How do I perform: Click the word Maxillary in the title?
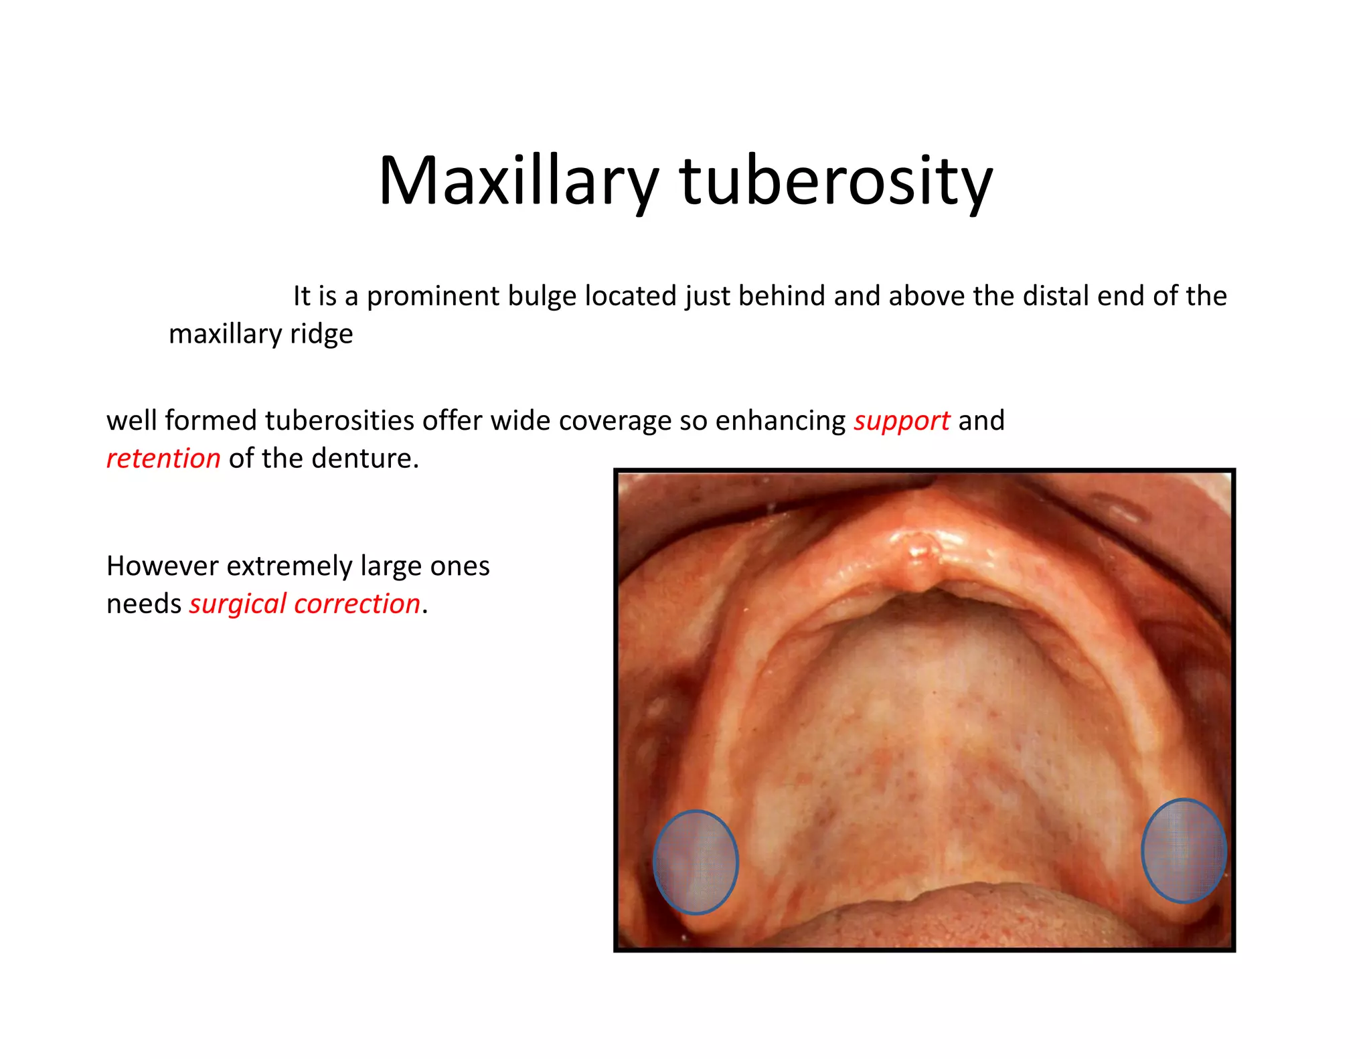pyautogui.click(x=518, y=181)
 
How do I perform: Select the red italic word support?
pyautogui.click(x=901, y=421)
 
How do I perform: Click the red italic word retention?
pyautogui.click(x=163, y=459)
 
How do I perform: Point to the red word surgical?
pyautogui.click(x=238, y=604)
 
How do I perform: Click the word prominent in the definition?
pyautogui.click(x=432, y=297)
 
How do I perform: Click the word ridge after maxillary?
pyautogui.click(x=321, y=334)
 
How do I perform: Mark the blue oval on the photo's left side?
pyautogui.click(x=696, y=862)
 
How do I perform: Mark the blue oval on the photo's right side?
pyautogui.click(x=1184, y=850)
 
